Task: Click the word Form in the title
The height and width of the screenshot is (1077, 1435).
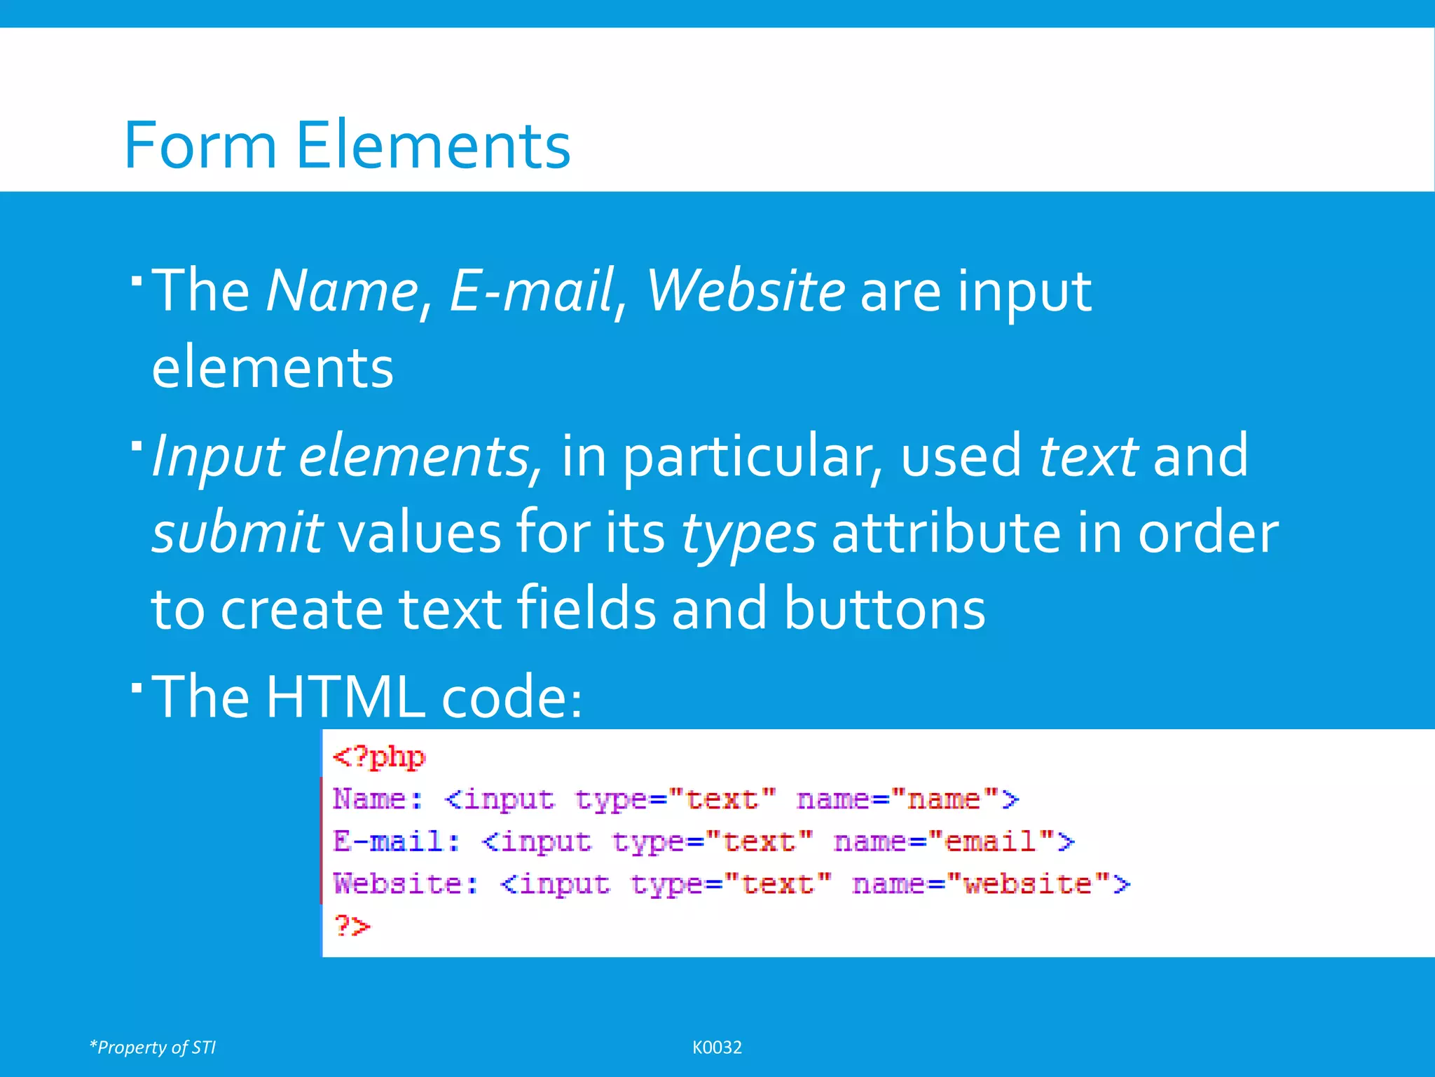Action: pos(200,145)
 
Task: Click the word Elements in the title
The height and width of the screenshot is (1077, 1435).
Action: pos(433,145)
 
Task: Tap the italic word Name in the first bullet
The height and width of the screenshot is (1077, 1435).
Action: pos(342,290)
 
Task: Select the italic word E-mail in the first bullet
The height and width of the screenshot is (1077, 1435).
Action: pos(530,290)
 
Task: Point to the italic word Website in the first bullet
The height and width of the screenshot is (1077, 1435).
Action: pos(745,290)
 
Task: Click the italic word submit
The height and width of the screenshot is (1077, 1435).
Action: pos(237,533)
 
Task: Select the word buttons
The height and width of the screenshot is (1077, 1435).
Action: pos(884,609)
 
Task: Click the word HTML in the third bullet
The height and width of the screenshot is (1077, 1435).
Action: pos(345,697)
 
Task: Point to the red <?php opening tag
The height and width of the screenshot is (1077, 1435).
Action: pos(379,757)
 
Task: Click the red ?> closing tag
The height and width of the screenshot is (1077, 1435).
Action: pos(352,926)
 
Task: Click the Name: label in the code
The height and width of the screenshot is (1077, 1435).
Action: pos(377,799)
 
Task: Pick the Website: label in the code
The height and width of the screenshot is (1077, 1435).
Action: pos(405,883)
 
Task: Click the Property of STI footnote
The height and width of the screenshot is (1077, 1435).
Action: pos(153,1048)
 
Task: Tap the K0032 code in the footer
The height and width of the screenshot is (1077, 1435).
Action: pos(717,1048)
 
